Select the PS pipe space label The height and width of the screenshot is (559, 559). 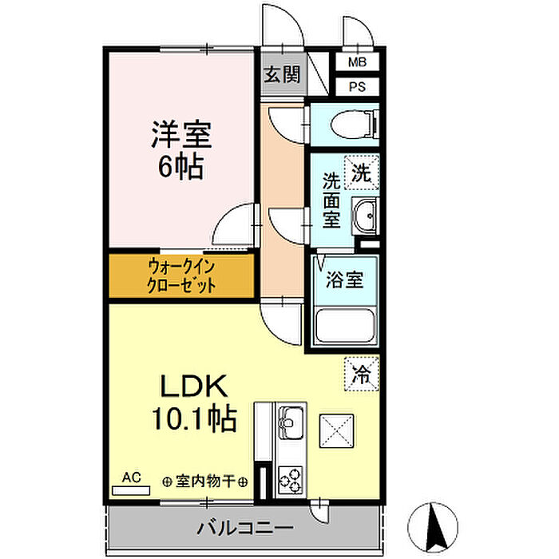point(356,87)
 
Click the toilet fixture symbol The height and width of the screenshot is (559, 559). point(351,122)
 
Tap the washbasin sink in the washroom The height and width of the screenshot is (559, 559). point(366,215)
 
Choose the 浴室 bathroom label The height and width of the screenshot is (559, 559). point(344,280)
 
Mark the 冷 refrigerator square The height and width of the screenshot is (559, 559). point(362,373)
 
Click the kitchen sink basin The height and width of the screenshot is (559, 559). point(288,418)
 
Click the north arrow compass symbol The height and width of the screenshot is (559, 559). point(435,526)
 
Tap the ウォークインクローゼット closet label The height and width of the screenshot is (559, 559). point(182,276)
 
